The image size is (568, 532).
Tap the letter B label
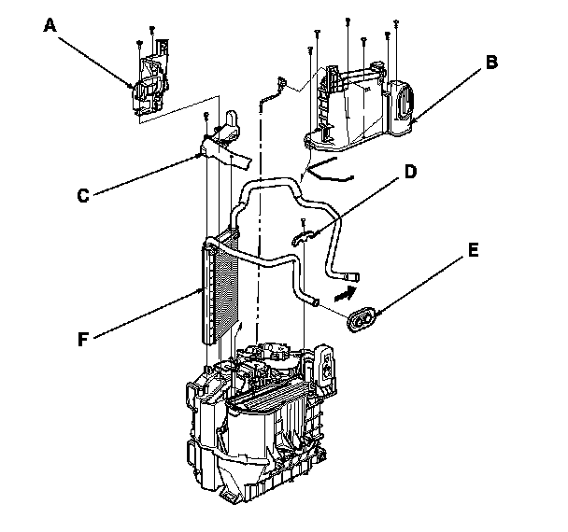(490, 64)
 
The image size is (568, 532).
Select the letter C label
(82, 196)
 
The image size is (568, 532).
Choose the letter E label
(474, 250)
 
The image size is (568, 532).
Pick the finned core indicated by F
(217, 289)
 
